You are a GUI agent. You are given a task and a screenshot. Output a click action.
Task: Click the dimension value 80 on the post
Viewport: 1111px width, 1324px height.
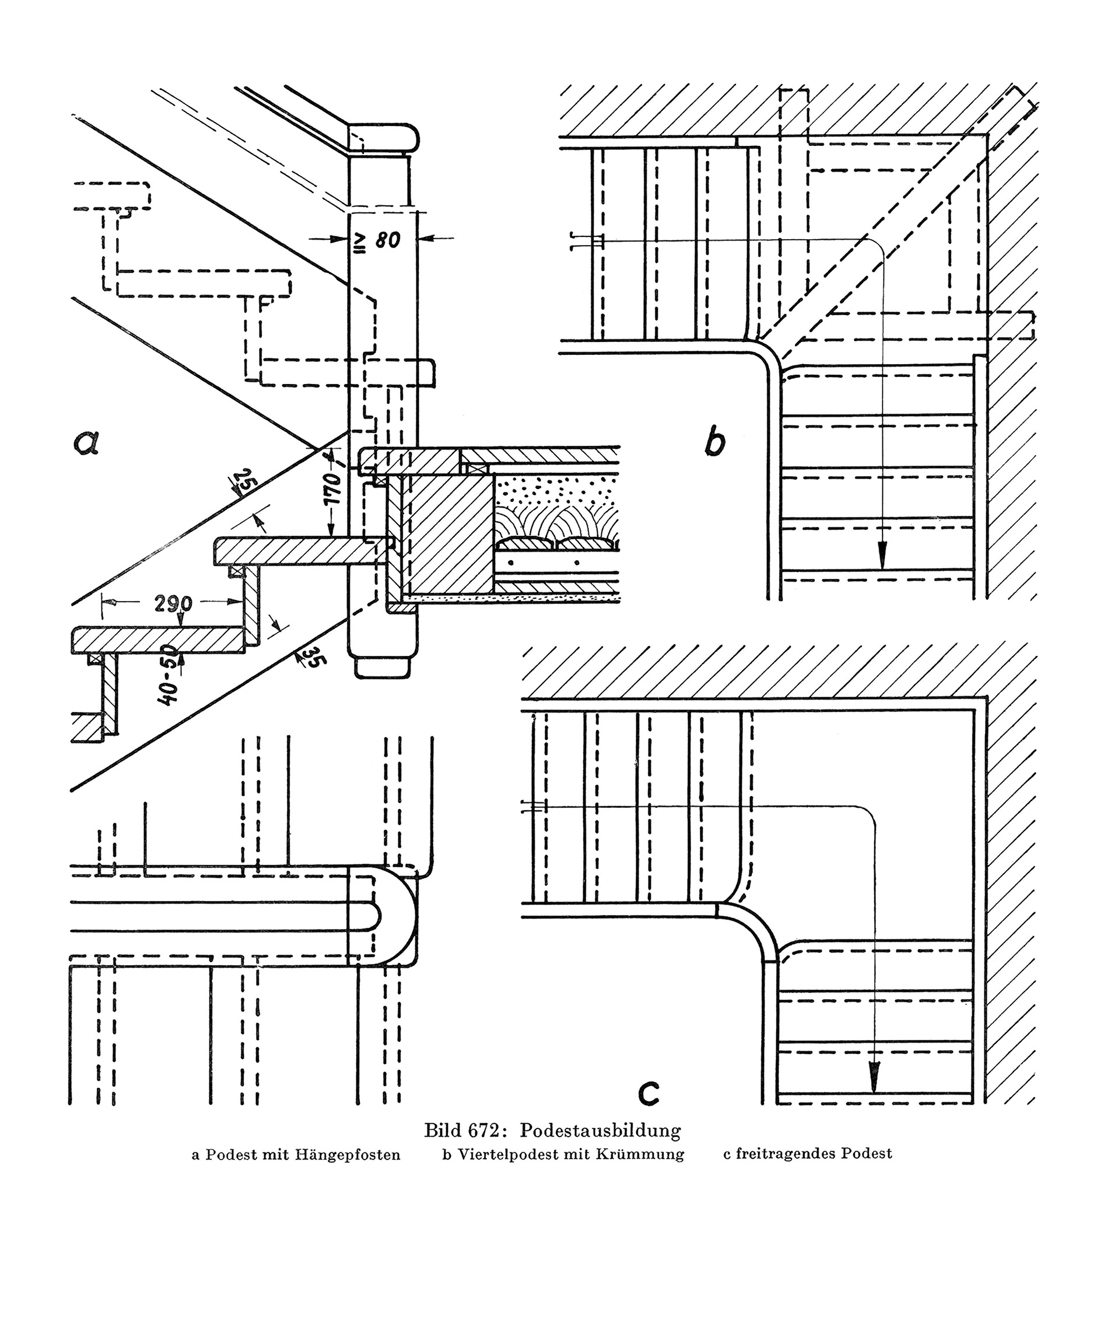(x=388, y=240)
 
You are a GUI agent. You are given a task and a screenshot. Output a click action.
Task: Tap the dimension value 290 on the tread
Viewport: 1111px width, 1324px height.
(x=173, y=603)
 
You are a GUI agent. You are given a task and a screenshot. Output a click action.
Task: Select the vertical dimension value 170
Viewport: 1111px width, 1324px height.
(x=333, y=488)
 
